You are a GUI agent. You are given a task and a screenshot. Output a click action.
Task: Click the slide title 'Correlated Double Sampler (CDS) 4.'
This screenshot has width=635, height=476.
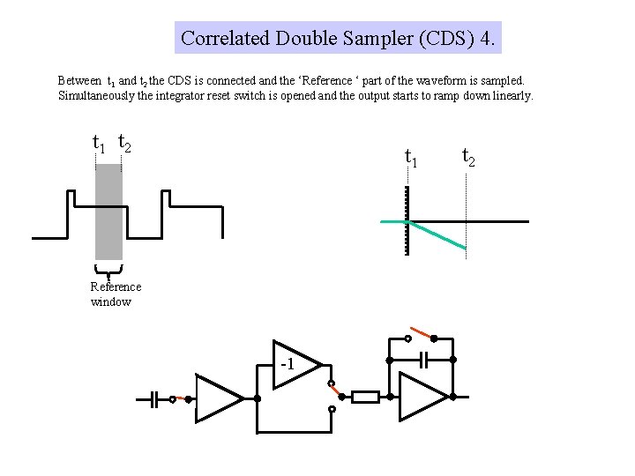[338, 38]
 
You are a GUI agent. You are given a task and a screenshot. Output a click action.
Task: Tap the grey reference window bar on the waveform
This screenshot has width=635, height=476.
[108, 212]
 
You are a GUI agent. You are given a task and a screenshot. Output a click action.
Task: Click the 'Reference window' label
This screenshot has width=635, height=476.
[115, 294]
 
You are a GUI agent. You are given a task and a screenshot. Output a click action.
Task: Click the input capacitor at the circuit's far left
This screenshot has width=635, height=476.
[154, 399]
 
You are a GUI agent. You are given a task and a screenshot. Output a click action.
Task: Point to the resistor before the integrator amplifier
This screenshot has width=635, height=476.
[365, 398]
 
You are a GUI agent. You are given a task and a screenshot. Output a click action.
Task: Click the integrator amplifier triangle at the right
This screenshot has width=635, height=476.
[422, 398]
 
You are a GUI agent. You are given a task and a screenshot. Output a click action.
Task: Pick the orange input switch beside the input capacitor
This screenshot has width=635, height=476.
[182, 398]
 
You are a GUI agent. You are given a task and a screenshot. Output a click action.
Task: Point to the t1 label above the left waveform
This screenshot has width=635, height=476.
[100, 142]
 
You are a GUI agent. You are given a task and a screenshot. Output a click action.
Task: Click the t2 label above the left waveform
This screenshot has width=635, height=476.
[124, 142]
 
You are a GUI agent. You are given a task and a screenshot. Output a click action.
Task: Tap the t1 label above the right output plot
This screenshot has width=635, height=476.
[411, 158]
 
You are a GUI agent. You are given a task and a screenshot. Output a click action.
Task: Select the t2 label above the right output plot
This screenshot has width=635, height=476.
[468, 158]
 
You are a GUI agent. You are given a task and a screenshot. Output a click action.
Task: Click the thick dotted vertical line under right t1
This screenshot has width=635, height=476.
[407, 220]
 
